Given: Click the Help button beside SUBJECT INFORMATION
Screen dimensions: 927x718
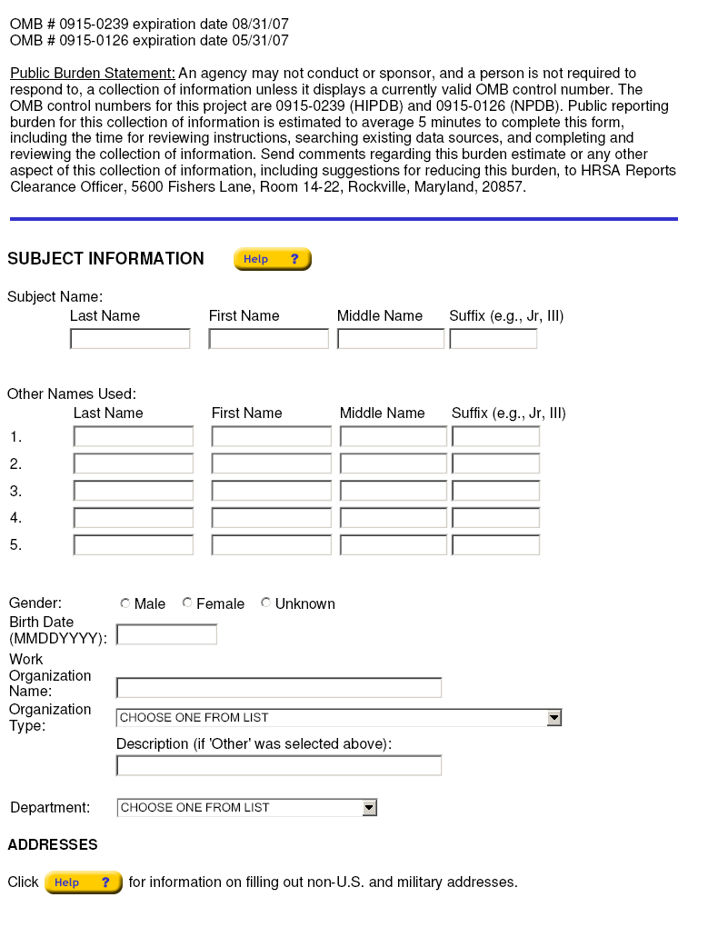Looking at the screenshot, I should pos(272,259).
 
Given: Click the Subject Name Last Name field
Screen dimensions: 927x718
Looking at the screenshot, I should pos(130,339).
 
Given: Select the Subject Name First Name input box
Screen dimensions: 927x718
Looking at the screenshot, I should pos(268,339).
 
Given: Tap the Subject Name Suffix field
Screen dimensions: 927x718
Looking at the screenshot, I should pos(493,339).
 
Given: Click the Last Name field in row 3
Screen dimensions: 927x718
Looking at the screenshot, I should pos(134,491).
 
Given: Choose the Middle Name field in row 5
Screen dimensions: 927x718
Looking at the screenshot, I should pos(393,545).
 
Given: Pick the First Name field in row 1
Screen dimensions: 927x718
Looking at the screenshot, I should pos(271,436).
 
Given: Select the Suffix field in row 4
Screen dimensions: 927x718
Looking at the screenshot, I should pos(495,518).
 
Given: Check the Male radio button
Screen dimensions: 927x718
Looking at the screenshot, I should pos(125,603).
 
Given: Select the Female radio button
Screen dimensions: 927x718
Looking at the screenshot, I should pos(187,603).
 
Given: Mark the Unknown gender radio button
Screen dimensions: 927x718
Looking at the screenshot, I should pos(266,603).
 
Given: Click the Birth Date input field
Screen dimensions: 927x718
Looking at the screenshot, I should pos(166,634).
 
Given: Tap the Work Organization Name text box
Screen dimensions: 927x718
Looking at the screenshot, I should pos(278,688).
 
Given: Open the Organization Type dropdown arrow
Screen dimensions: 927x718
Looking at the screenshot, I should pos(554,718).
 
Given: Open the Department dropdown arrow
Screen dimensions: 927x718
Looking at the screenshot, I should pos(369,807).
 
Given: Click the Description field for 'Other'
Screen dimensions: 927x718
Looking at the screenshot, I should pos(278,765).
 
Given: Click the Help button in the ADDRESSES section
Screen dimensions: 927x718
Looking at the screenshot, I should pos(83,882).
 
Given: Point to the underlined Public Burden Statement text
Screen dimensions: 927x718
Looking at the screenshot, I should pos(93,74).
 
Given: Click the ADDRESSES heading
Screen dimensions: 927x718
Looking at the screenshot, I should pos(53,845).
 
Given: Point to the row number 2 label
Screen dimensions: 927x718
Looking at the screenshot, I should pos(15,464).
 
